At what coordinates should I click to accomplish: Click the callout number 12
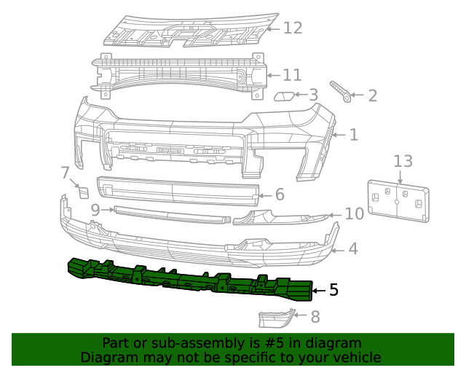tap(292, 28)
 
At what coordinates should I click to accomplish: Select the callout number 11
tap(291, 75)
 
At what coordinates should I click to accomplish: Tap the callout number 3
tap(313, 95)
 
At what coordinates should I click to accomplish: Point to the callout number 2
tap(372, 95)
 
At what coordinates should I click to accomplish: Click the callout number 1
tap(353, 135)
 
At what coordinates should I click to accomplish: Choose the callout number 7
tap(65, 173)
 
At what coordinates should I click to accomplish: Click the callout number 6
tap(280, 195)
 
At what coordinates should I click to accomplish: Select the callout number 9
tap(95, 210)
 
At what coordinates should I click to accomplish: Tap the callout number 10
tap(354, 214)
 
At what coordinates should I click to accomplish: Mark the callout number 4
tap(352, 249)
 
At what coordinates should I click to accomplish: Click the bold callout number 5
tap(333, 290)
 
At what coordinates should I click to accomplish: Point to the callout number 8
tap(315, 317)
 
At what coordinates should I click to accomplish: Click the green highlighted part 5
tap(189, 280)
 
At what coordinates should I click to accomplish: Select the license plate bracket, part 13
tap(398, 199)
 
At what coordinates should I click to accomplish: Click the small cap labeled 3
tap(284, 95)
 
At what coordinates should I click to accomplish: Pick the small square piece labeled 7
tap(83, 192)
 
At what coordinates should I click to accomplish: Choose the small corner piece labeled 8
tap(275, 318)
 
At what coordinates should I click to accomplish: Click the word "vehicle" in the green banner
tap(355, 358)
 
